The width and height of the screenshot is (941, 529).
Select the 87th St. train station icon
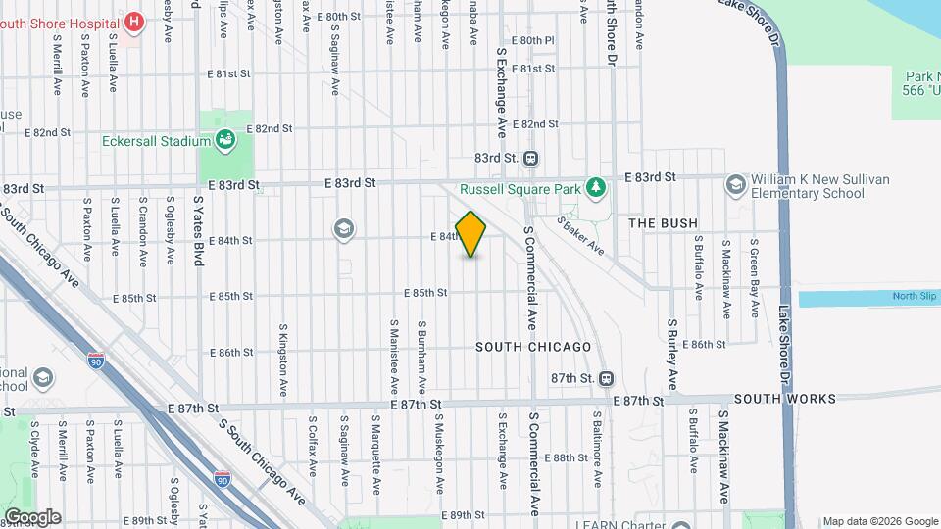pos(607,378)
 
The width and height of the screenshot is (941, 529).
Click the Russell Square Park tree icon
pos(594,186)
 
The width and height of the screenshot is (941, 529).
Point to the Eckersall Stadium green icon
pos(224,140)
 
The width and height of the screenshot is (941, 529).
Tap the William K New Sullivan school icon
pos(734,184)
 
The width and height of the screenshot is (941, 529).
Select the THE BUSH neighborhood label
pos(663,223)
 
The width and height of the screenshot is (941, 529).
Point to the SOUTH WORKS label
pos(784,399)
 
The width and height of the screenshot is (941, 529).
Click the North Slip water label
pos(914,297)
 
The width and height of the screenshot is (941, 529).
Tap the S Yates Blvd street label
pos(199,230)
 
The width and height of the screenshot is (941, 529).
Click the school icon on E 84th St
pos(343,229)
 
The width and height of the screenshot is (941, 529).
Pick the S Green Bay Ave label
pos(755,279)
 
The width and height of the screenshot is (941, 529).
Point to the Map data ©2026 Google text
pos(880,521)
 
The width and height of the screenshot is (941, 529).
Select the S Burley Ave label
pos(673,353)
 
